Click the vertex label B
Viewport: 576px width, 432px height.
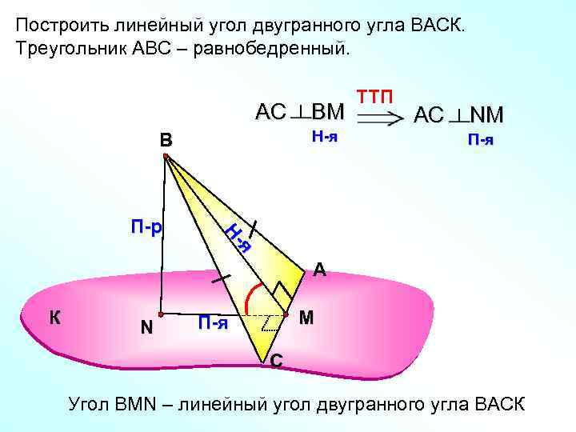165,141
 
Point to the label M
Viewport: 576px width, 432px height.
306,318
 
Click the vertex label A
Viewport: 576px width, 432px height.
319,270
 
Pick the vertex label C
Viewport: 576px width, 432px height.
275,362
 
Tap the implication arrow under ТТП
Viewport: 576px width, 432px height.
379,118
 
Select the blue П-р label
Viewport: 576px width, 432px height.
146,228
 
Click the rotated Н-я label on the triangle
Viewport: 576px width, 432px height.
238,238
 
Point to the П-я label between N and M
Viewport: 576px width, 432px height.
213,323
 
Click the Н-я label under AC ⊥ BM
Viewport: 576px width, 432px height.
324,136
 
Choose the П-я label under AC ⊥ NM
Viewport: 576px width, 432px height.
480,140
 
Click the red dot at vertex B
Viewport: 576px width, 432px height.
166,158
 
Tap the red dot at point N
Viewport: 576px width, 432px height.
160,315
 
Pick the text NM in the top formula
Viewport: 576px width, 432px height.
486,116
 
